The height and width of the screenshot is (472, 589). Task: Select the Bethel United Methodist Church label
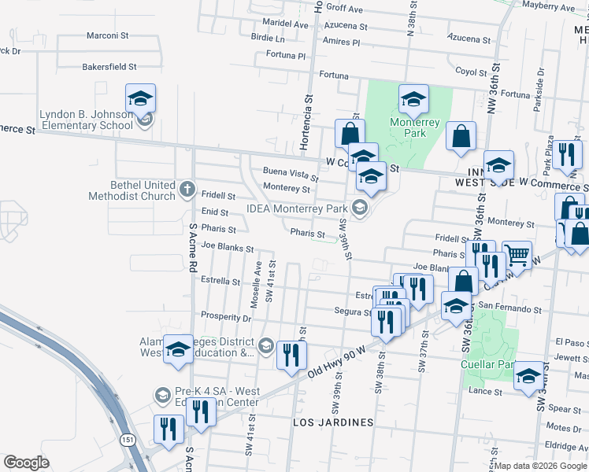click(132, 190)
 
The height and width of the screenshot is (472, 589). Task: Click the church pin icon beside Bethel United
click(187, 189)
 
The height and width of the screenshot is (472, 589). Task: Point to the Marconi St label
click(107, 35)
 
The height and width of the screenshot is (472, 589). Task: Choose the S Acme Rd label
click(192, 247)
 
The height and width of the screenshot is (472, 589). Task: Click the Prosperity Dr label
click(225, 319)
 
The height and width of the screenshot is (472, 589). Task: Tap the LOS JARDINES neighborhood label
click(333, 422)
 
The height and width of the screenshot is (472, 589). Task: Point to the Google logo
click(26, 463)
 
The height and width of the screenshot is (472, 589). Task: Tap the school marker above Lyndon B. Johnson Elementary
click(140, 98)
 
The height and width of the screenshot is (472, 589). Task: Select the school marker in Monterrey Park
click(413, 99)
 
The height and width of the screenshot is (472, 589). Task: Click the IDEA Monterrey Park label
click(297, 208)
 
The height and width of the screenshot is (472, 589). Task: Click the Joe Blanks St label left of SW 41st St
click(227, 246)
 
